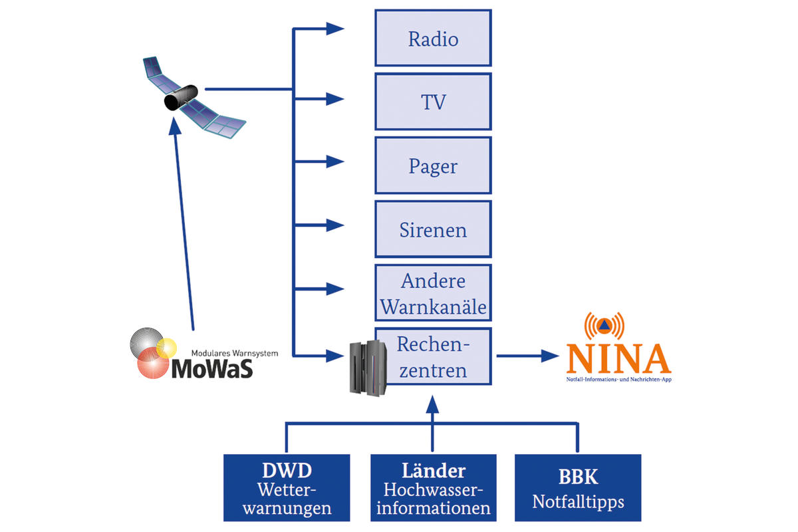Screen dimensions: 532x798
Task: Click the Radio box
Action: pos(433,38)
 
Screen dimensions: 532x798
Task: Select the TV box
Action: pos(433,102)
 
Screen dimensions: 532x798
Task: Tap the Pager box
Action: pos(433,166)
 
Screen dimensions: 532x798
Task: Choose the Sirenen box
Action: pos(433,229)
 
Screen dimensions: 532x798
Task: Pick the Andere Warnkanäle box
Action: pos(433,293)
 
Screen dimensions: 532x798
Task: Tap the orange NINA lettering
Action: pos(618,359)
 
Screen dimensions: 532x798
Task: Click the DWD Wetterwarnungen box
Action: pos(287,487)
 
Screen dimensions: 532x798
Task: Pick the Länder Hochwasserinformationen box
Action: pos(433,487)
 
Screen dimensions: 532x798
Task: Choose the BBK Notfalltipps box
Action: pos(578,487)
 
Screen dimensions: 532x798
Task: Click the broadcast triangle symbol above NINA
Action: pos(603,327)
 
